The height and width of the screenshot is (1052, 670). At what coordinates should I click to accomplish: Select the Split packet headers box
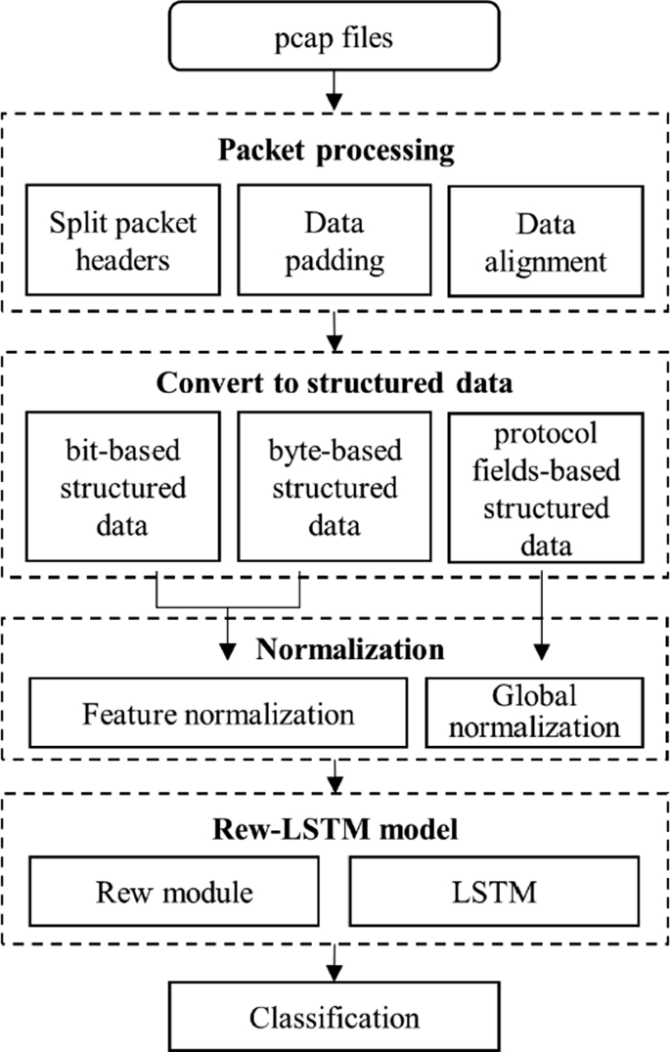(123, 241)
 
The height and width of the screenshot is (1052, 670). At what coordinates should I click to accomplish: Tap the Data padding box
(335, 241)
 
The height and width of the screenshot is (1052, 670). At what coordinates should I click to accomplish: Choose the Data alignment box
(548, 241)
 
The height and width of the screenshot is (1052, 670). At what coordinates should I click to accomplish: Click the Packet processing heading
(335, 152)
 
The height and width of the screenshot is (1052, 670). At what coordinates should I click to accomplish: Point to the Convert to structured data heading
(335, 381)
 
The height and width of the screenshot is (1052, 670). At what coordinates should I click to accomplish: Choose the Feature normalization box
(218, 714)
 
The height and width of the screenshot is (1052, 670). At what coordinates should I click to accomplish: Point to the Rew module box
(174, 892)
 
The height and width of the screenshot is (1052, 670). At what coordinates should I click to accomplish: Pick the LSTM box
(494, 892)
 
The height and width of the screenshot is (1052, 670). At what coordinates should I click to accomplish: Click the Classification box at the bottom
(335, 1017)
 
